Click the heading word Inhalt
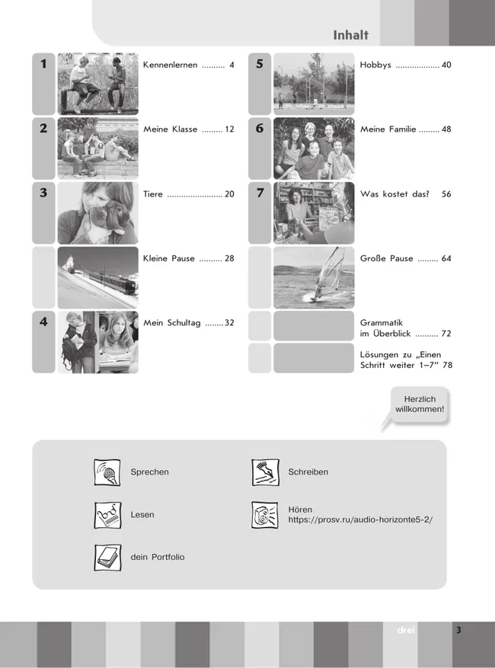pyautogui.click(x=350, y=35)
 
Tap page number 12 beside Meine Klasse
pyautogui.click(x=229, y=129)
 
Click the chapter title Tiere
pyautogui.click(x=153, y=194)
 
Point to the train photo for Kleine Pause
pyautogui.click(x=97, y=277)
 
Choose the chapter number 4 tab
pyautogui.click(x=43, y=323)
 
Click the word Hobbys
pyautogui.click(x=375, y=66)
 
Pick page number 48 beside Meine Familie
pyautogui.click(x=446, y=129)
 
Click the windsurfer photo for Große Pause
pyautogui.click(x=314, y=277)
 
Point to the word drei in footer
pyautogui.click(x=405, y=631)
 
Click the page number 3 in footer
pyautogui.click(x=458, y=631)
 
